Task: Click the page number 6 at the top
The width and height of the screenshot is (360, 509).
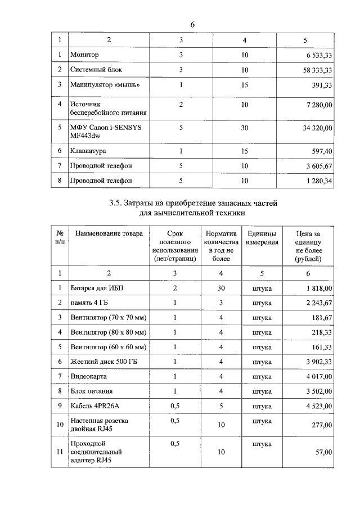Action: point(192,25)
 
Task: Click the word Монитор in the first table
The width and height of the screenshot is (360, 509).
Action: point(84,55)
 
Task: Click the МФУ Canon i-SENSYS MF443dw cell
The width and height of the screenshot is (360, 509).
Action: point(105,132)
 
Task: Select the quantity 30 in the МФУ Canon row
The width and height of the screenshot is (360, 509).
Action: point(245,128)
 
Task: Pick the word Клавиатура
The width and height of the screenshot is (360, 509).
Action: point(88,151)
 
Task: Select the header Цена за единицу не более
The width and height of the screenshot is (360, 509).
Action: point(308,246)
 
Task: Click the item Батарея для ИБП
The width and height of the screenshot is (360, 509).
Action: point(97,288)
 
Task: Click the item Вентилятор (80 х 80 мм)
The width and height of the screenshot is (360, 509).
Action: point(109,332)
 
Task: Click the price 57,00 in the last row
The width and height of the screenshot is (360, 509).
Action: point(323,452)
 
